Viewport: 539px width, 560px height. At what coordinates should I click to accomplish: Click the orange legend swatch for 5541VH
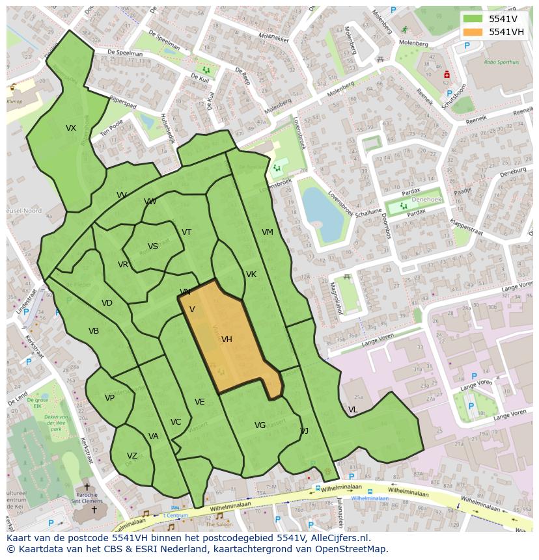click(x=473, y=32)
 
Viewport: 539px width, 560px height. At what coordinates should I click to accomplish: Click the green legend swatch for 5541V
click(x=473, y=18)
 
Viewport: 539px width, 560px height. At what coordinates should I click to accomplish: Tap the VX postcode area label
click(x=71, y=128)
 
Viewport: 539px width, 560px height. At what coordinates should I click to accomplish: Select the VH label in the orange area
click(x=227, y=340)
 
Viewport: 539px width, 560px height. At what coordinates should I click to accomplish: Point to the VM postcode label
click(x=268, y=232)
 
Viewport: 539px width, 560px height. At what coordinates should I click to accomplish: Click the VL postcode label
click(x=353, y=410)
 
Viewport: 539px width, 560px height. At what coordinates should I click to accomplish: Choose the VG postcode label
click(x=260, y=425)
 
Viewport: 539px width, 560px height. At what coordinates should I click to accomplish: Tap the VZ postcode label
click(x=132, y=456)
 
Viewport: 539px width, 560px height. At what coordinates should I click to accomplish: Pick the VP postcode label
click(x=109, y=398)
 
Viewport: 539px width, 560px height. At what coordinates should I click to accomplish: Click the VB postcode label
click(x=94, y=331)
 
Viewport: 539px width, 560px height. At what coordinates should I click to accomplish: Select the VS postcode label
click(x=153, y=247)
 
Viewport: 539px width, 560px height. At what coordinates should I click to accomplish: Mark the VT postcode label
click(x=187, y=232)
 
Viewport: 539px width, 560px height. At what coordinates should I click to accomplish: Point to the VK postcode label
click(x=251, y=274)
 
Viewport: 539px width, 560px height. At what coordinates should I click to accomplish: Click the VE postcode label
click(x=200, y=402)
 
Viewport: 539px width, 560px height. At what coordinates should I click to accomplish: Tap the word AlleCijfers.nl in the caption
click(x=338, y=538)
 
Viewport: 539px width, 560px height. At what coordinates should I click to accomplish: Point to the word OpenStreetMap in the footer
click(x=349, y=549)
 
